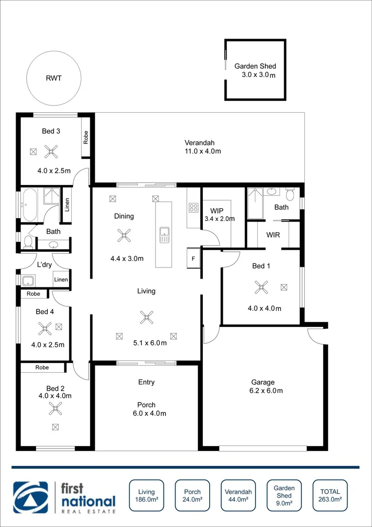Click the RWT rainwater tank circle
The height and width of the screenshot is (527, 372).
point(54,78)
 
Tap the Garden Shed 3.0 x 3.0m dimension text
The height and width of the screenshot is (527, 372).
point(258,75)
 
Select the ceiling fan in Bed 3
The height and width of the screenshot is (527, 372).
point(51,152)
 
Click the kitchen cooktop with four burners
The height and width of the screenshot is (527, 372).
point(194,208)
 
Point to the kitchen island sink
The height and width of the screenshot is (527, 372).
point(164,235)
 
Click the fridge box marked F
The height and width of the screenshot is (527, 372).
point(193,259)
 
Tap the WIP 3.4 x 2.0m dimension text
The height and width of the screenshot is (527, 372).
point(219,219)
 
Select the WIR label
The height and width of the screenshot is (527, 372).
point(273,235)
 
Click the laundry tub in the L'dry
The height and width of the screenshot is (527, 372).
point(27,281)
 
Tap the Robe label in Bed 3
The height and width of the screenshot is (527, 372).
point(86,137)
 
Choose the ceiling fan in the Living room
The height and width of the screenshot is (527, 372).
point(146,317)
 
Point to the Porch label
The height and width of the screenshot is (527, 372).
point(146,405)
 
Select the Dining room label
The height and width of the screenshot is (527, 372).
point(124,216)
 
